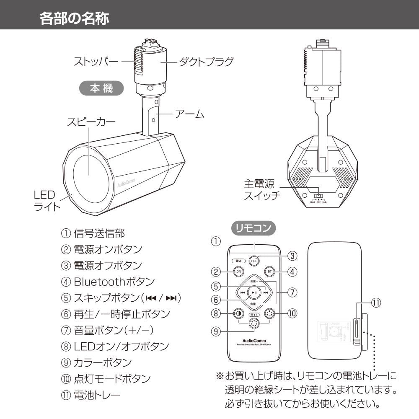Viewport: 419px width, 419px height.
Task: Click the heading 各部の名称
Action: [75, 18]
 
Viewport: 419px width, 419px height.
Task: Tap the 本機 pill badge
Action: [101, 89]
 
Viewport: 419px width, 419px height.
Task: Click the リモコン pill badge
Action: [253, 228]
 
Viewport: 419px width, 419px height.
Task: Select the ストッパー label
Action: [96, 62]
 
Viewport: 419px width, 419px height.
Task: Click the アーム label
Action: [189, 114]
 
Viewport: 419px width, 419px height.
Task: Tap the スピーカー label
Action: [91, 122]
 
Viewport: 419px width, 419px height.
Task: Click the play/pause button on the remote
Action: [253, 292]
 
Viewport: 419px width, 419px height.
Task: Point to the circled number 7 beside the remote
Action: [292, 292]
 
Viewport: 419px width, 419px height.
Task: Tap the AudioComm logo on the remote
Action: [254, 339]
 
